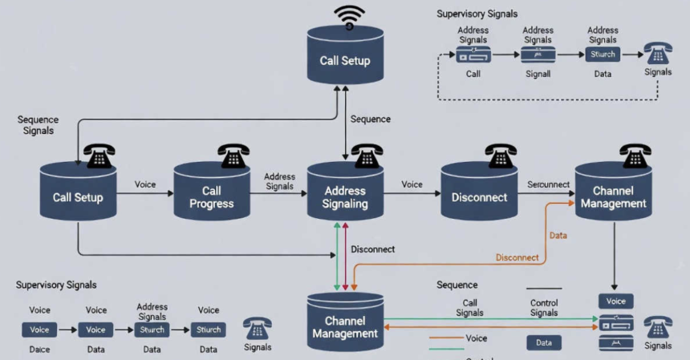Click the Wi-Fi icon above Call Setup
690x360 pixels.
tap(349, 16)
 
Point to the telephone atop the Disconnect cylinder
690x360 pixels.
tap(501, 156)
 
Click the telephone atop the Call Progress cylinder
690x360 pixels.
tap(233, 156)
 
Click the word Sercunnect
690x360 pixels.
tap(548, 184)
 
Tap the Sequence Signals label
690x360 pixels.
tap(38, 124)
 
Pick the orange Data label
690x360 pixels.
tap(558, 235)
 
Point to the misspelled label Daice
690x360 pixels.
tap(39, 350)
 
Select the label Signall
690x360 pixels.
tap(538, 74)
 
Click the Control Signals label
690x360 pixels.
tap(544, 308)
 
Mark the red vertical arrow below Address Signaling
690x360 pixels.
tap(345, 257)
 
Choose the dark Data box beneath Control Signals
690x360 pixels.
tap(543, 342)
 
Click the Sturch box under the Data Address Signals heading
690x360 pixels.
tap(603, 55)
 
